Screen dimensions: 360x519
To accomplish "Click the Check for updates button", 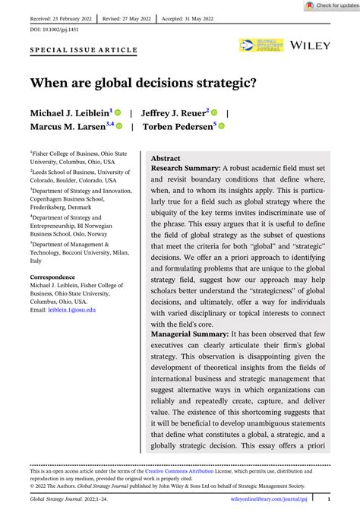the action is (331, 5).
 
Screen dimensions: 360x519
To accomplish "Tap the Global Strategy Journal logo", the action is (261, 46).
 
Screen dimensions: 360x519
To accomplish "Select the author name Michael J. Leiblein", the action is (69, 112).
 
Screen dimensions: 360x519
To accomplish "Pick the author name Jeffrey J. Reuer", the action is (175, 112).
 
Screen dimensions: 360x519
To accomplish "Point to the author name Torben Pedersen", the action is (178, 126).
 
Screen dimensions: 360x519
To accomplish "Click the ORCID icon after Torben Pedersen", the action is (222, 126).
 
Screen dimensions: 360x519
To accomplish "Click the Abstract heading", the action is (166, 158).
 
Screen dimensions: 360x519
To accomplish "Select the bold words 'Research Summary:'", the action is (185, 167).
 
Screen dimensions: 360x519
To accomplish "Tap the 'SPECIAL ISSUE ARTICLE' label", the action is (84, 50).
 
